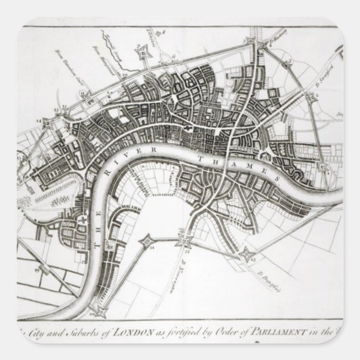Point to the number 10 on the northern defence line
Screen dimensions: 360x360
[125, 74]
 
